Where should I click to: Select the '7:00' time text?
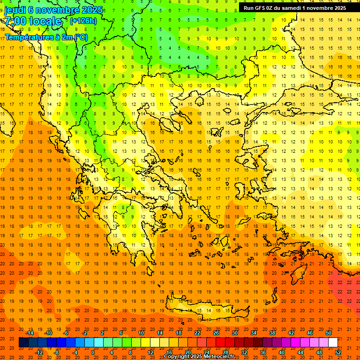[x=16, y=21]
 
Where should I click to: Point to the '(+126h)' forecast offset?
[x=83, y=21]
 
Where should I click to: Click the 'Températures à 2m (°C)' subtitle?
[x=46, y=37]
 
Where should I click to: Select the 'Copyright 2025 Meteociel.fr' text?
[x=199, y=357]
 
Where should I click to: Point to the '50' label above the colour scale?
[x=328, y=333]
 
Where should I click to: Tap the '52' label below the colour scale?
[x=338, y=352]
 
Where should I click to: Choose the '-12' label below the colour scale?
[x=39, y=352]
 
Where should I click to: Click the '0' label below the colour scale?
[x=92, y=352]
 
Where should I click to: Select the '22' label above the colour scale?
[x=197, y=333]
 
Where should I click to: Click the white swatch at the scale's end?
[x=333, y=343]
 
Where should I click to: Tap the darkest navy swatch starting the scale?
[x=23, y=343]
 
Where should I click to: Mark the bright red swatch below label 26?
[x=220, y=343]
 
